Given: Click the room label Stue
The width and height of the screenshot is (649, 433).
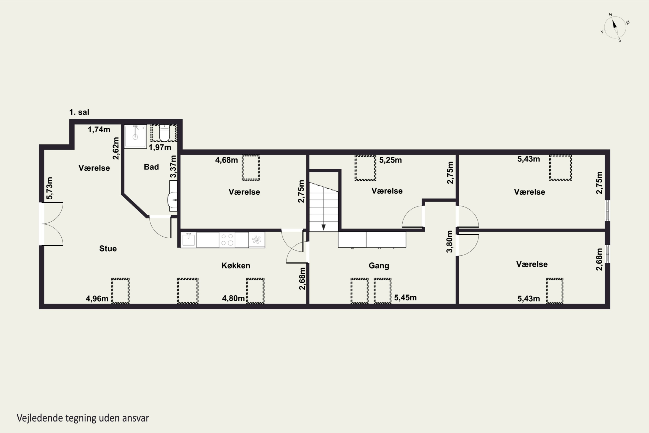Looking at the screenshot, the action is pyautogui.click(x=108, y=249).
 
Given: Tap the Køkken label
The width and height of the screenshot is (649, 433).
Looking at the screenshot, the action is pyautogui.click(x=236, y=266).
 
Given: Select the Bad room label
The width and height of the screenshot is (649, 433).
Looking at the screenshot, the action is pyautogui.click(x=151, y=167).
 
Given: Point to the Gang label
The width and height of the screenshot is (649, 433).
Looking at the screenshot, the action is pyautogui.click(x=379, y=266).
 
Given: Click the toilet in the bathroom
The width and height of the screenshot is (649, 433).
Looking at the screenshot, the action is pyautogui.click(x=164, y=133).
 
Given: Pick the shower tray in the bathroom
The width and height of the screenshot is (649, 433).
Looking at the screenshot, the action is pyautogui.click(x=135, y=136).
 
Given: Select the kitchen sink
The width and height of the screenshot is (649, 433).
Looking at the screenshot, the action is pyautogui.click(x=188, y=240).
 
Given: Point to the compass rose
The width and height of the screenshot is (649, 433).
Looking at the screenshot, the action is pyautogui.click(x=615, y=27).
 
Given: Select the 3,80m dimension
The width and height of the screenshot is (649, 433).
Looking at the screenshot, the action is pyautogui.click(x=450, y=241).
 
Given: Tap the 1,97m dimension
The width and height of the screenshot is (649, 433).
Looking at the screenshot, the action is pyautogui.click(x=160, y=147).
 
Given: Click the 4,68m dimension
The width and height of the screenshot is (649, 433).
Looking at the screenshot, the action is pyautogui.click(x=227, y=160).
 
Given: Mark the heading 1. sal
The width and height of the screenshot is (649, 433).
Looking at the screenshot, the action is pyautogui.click(x=79, y=112).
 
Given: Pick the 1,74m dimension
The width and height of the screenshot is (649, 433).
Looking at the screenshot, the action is pyautogui.click(x=99, y=129).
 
